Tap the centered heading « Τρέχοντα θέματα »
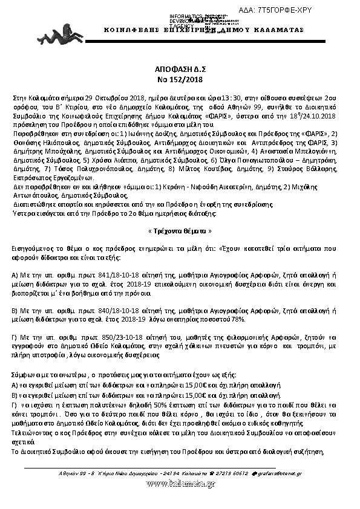[180, 231]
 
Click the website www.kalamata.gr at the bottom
[180, 482]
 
